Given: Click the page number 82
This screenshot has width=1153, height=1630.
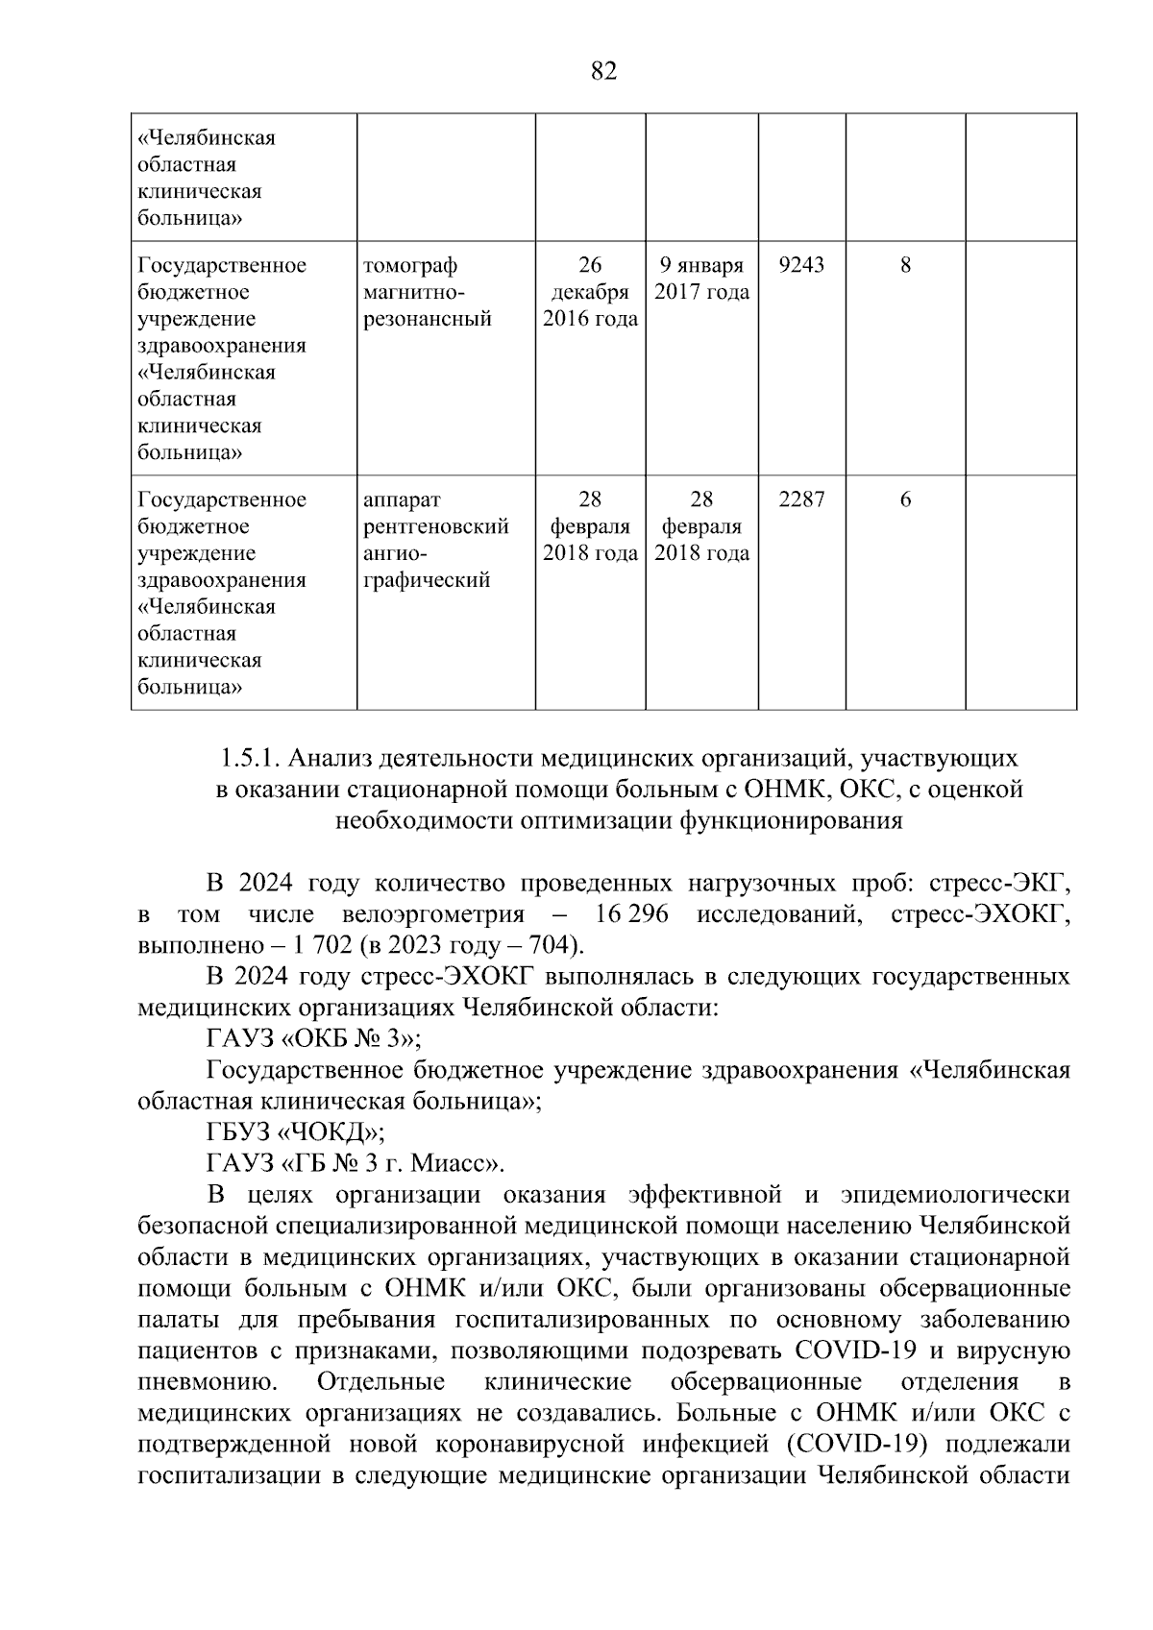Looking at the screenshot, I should [603, 72].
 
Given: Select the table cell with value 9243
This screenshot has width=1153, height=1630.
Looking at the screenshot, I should [800, 265].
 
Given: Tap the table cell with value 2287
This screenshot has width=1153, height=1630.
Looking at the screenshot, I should [800, 499].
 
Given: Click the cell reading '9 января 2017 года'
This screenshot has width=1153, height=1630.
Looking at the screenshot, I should [701, 279].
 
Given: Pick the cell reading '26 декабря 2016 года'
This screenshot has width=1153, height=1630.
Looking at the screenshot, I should [590, 292].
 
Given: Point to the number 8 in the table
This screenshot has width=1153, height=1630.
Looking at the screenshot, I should [905, 265].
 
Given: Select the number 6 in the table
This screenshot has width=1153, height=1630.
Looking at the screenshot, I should [905, 499].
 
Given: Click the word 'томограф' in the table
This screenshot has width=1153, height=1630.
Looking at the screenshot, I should [410, 265].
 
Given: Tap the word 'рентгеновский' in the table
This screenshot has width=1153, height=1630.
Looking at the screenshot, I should [435, 526].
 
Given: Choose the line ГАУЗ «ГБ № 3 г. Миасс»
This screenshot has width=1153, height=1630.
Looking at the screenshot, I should [356, 1163].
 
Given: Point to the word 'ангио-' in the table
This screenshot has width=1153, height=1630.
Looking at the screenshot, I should [394, 553].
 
